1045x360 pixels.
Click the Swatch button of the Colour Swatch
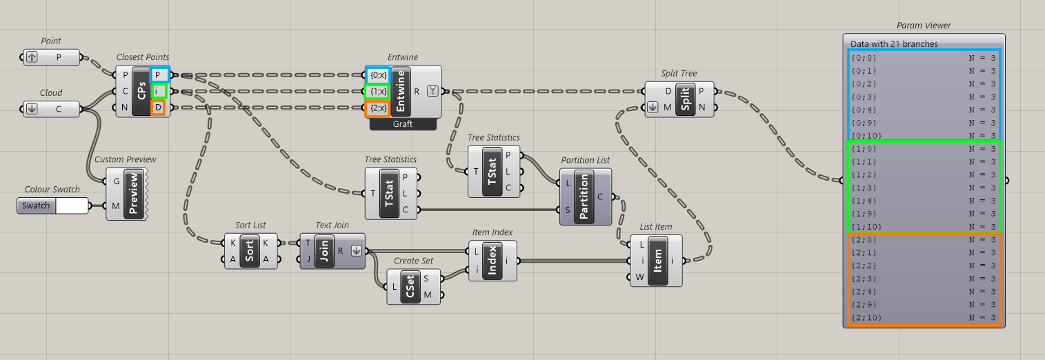click(36, 206)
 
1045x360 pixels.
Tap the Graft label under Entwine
click(403, 124)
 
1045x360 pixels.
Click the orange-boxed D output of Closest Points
click(158, 108)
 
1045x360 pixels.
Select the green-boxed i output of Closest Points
click(158, 91)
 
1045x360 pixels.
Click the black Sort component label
click(250, 252)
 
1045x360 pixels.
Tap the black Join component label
click(324, 252)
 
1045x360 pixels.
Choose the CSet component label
click(410, 287)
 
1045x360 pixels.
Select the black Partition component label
click(584, 196)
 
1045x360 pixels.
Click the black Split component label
click(685, 99)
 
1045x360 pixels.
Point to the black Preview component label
click(134, 194)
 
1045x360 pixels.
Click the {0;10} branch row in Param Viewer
click(924, 136)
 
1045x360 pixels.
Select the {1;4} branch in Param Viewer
click(924, 201)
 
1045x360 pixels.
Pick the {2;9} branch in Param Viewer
click(924, 304)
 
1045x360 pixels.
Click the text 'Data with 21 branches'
click(894, 44)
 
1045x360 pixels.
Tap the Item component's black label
click(657, 261)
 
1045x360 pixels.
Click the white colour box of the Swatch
click(72, 206)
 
